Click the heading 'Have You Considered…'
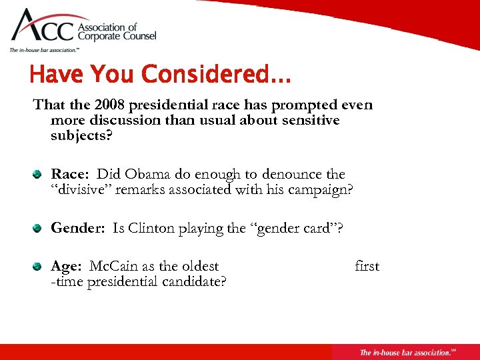pyautogui.click(x=160, y=75)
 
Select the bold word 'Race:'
pyautogui.click(x=71, y=174)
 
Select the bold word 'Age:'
pyautogui.click(x=66, y=267)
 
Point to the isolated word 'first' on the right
pyautogui.click(x=367, y=267)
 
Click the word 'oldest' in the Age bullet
pyautogui.click(x=199, y=267)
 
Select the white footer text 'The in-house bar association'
pyautogui.click(x=403, y=352)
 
